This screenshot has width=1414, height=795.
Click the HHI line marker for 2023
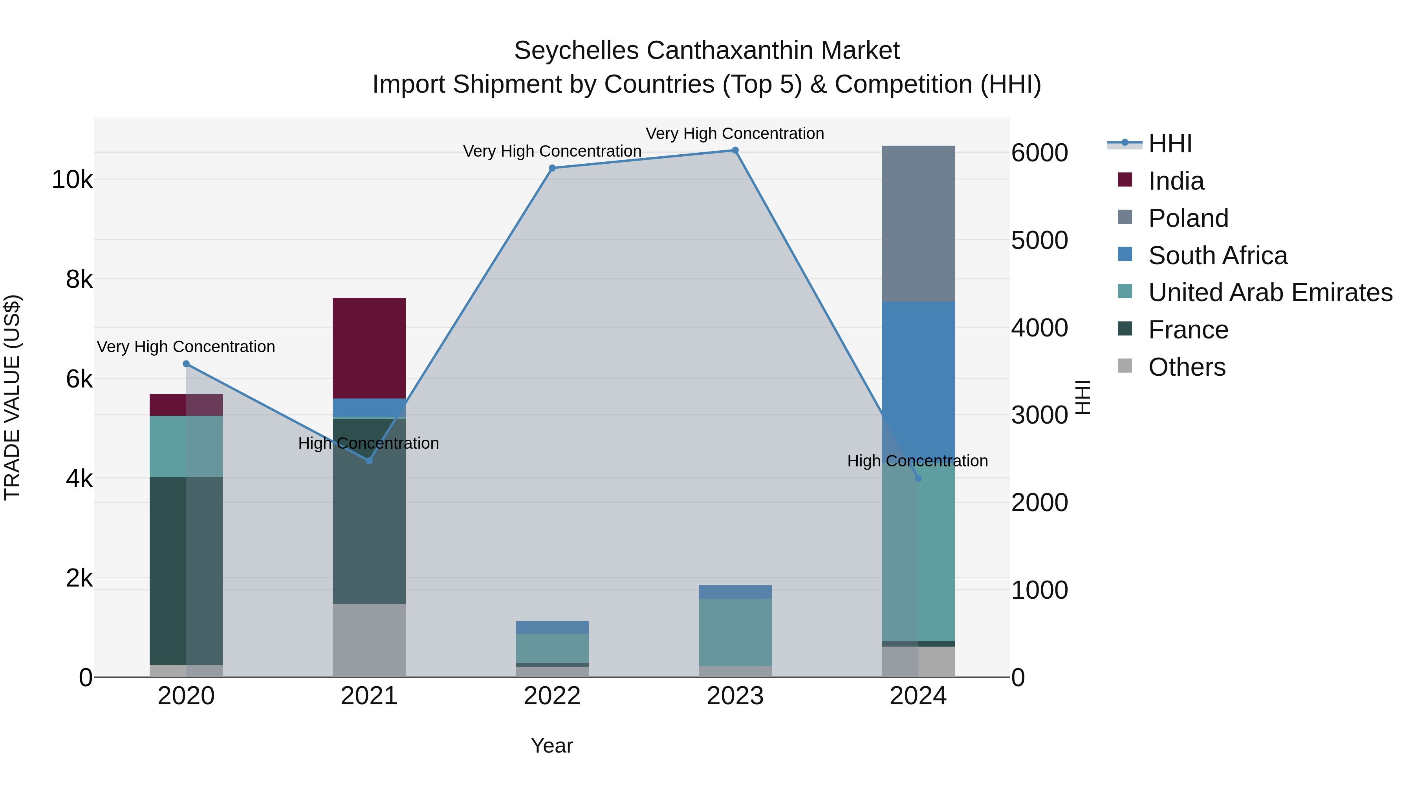coord(735,150)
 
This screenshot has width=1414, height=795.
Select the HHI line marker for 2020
coord(186,364)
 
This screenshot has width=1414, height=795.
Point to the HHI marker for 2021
coord(369,461)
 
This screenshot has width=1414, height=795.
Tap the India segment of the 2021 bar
coord(369,348)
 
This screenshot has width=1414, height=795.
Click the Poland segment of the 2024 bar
coord(918,223)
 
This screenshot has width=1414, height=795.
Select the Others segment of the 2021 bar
coord(369,640)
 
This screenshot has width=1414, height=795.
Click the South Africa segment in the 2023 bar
coord(735,592)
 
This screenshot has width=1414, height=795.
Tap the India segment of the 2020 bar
coord(186,405)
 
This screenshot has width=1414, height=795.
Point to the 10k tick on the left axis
coord(72,180)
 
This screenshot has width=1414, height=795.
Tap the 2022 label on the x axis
coord(552,696)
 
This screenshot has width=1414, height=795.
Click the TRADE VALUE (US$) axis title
coord(12,397)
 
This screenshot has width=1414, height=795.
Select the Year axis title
coord(552,746)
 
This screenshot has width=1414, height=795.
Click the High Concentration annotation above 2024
coord(917,461)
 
